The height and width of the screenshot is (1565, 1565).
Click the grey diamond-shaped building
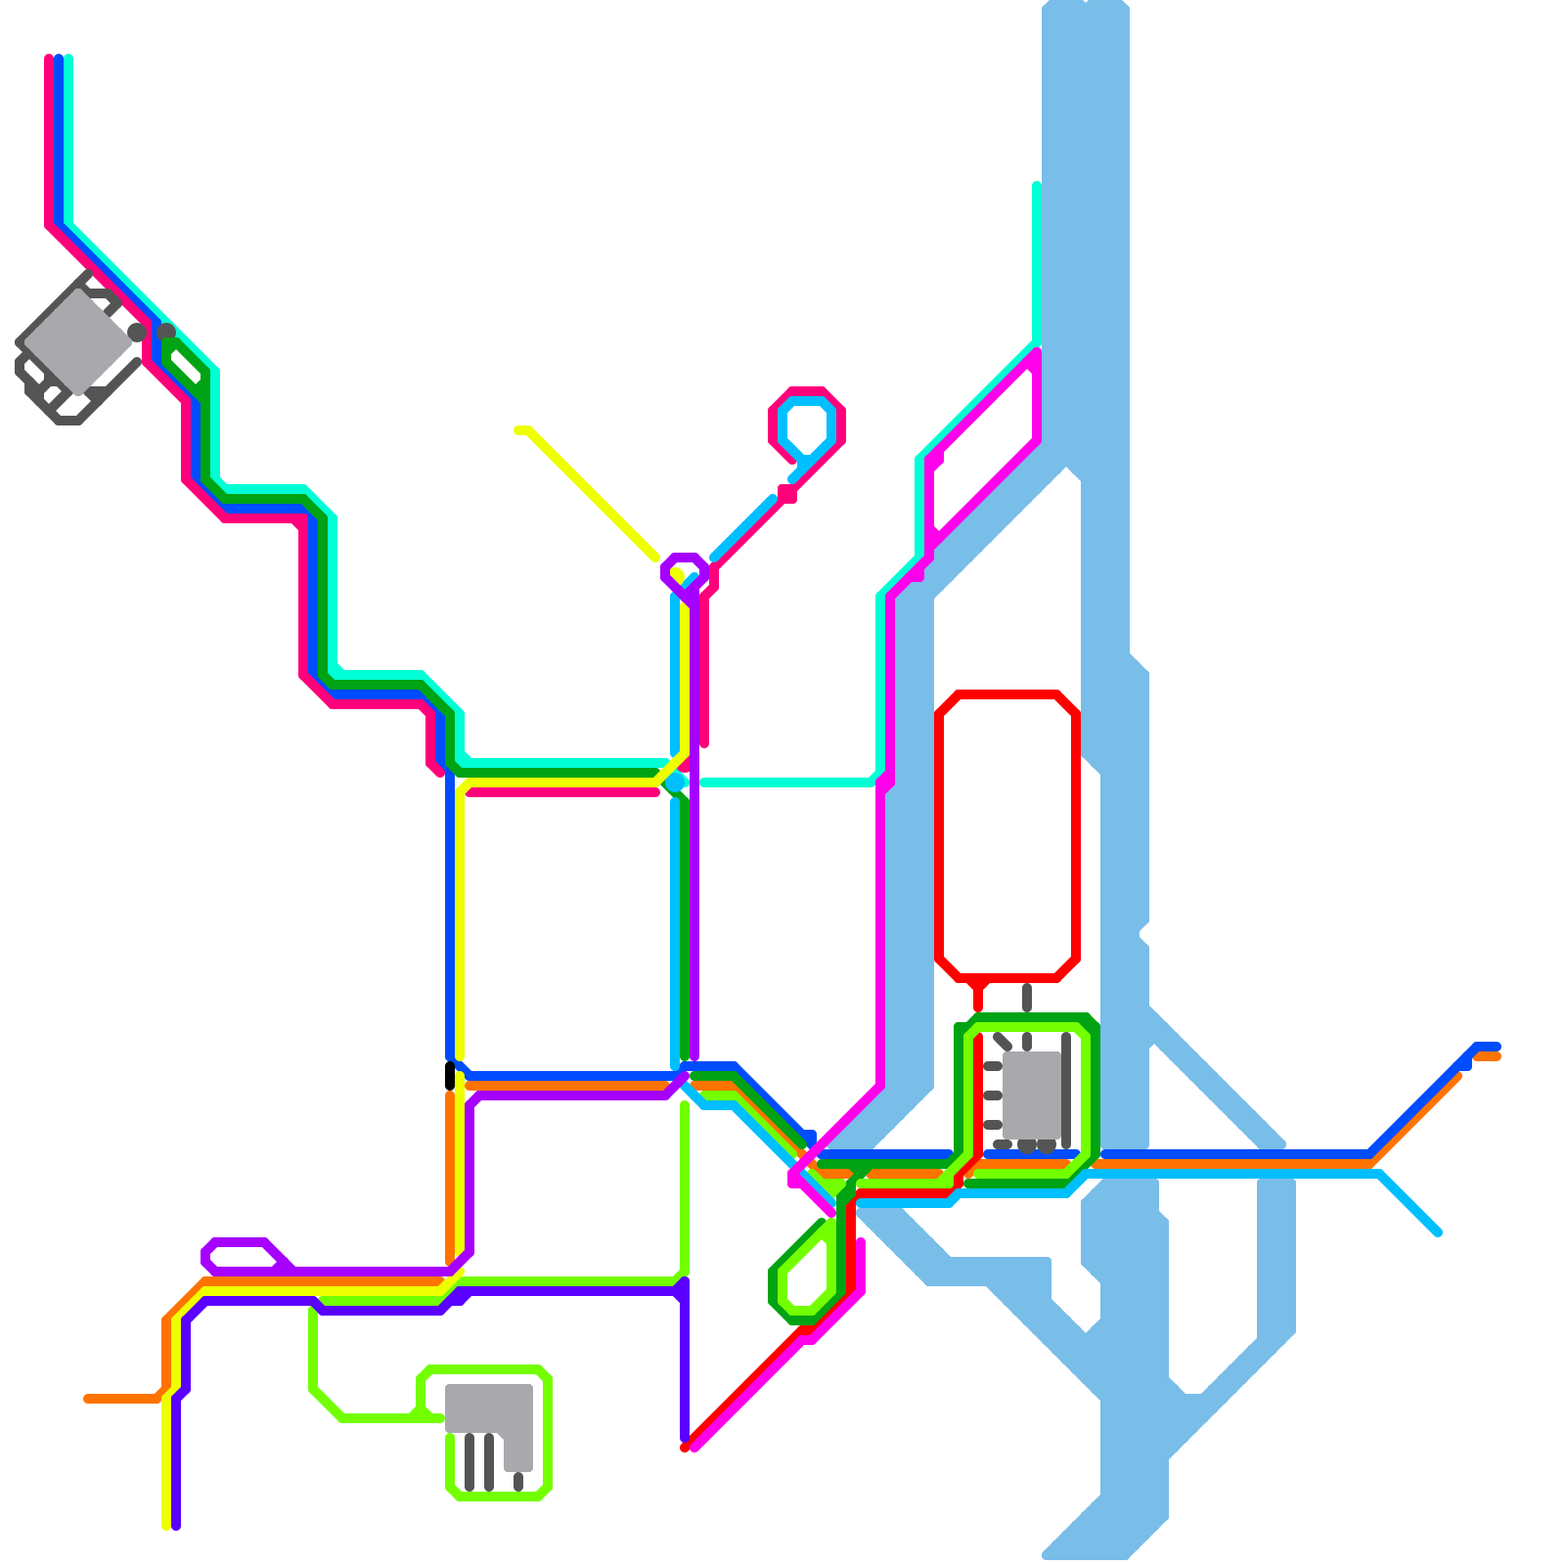76,342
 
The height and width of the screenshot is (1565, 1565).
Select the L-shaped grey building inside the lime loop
489,1408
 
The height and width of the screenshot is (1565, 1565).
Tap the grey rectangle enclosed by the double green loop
1031,1095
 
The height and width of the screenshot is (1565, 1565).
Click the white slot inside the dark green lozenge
185,366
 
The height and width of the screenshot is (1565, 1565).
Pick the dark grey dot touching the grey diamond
137,333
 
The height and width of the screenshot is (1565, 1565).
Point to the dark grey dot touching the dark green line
166,333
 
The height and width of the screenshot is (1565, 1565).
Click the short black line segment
450,1076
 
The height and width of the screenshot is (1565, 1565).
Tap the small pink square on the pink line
786,494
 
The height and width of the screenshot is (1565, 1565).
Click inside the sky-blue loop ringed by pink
808,425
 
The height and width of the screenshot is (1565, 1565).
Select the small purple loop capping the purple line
685,571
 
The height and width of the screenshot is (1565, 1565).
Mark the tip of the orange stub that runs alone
88,1399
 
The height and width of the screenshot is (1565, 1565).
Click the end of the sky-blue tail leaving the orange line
1438,1232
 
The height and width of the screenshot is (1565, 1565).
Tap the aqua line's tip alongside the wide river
1037,186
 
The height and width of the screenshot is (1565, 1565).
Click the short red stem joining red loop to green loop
978,996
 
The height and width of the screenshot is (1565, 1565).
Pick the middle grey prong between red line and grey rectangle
992,1095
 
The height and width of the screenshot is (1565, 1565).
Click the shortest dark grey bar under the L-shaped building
518,1481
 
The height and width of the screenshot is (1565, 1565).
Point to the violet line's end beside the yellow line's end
176,1524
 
